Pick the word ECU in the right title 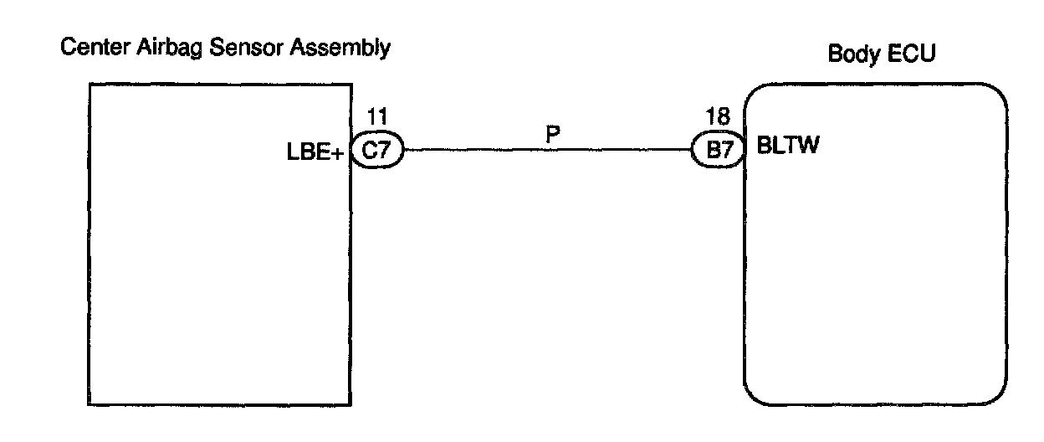pyautogui.click(x=914, y=54)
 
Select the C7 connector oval pyautogui.click(x=377, y=152)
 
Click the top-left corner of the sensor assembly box pyautogui.click(x=90, y=84)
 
